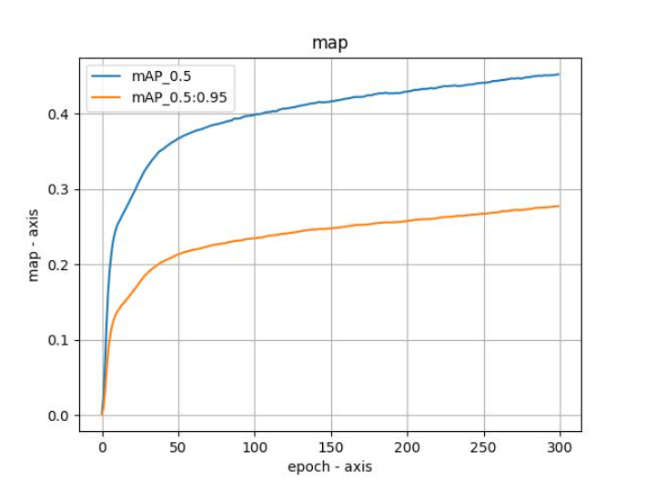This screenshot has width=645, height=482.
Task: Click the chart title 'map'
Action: pos(329,44)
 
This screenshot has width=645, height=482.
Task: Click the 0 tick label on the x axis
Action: pos(102,447)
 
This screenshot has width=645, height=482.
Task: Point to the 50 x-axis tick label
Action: pos(178,447)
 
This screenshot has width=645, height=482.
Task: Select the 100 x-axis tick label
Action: pos(255,447)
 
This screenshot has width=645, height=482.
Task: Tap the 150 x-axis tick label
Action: pos(331,447)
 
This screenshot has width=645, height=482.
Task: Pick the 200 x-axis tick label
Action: pos(408,447)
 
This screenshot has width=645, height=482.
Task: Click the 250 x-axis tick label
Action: pos(484,447)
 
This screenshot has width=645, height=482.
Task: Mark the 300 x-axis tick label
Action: pos(560,447)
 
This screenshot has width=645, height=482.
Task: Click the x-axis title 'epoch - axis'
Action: pos(329,467)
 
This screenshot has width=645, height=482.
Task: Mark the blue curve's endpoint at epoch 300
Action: pos(559,75)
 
